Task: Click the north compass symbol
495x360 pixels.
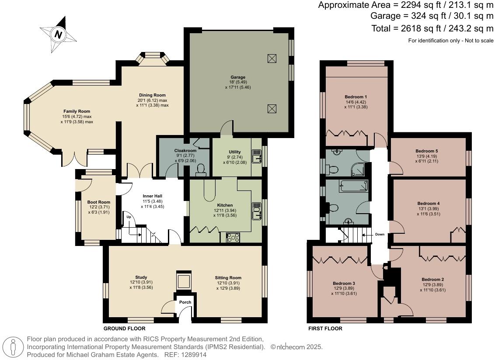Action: click(x=57, y=34)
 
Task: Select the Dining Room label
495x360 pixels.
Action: click(x=152, y=95)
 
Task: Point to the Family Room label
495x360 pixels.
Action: click(x=77, y=111)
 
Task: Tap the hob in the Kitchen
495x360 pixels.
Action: click(x=233, y=237)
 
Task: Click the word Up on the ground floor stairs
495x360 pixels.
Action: click(x=129, y=217)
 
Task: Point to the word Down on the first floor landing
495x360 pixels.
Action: click(x=380, y=235)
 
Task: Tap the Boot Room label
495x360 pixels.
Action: click(x=98, y=202)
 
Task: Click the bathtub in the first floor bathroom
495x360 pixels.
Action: click(x=353, y=187)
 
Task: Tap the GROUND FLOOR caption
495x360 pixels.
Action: click(x=124, y=329)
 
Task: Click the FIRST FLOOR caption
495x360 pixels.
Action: click(x=325, y=329)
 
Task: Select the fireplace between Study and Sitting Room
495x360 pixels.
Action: click(x=183, y=280)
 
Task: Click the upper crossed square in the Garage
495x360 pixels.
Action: click(x=272, y=58)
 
